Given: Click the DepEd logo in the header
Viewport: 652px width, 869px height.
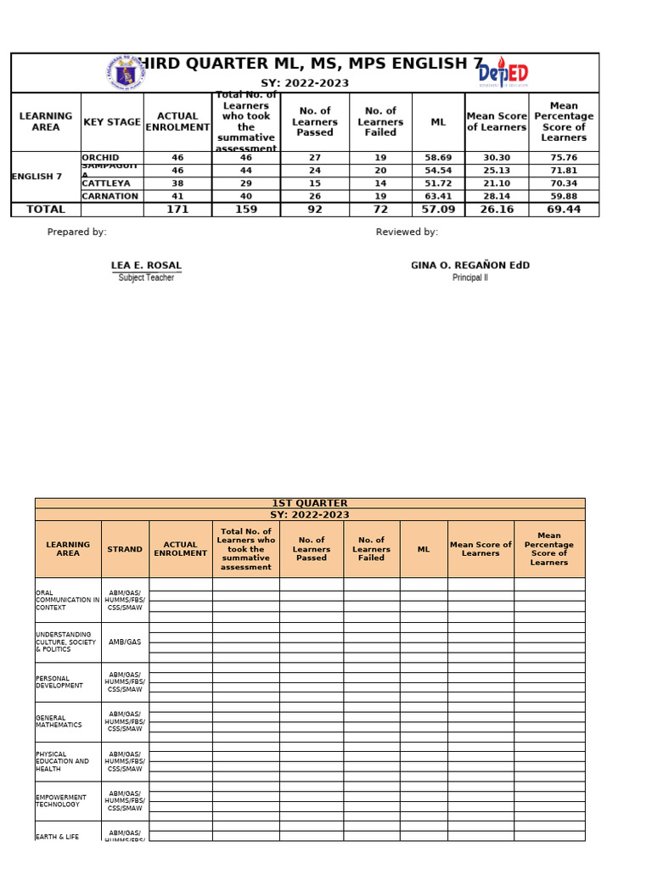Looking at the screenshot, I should pos(504,73).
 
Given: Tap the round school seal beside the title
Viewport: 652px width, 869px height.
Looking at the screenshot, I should pos(128,74).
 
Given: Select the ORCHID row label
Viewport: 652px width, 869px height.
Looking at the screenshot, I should pos(100,158).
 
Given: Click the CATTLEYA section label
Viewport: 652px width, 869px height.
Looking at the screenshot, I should pos(106,183).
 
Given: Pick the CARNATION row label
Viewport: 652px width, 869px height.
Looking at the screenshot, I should pos(110,196).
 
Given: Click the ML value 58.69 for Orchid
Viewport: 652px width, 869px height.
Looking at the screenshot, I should pos(438,158).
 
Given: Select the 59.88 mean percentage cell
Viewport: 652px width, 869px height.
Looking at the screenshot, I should pos(563,196).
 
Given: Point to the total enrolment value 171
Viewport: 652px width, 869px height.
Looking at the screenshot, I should pos(177,210).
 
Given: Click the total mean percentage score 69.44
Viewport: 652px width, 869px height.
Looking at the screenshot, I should pos(563,210).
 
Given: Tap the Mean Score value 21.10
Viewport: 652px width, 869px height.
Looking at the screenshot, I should pos(497,183).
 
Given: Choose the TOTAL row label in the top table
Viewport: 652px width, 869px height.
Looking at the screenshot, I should pos(46,210).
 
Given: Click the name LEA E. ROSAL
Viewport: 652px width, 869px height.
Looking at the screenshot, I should pos(146,266).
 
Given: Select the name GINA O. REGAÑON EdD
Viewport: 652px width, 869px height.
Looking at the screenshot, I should pos(469,266).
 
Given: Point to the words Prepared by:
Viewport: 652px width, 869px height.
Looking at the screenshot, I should pos(77,233).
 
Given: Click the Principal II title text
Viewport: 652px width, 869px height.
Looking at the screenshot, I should pos(469,278).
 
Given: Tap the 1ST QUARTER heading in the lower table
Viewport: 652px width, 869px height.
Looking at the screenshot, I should pos(309,503).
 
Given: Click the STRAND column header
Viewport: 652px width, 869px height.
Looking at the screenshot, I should pos(125,549).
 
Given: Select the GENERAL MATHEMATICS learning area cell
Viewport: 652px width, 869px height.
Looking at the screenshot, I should pos(59,721).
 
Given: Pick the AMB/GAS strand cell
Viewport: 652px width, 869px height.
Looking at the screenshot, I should pos(125,642).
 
